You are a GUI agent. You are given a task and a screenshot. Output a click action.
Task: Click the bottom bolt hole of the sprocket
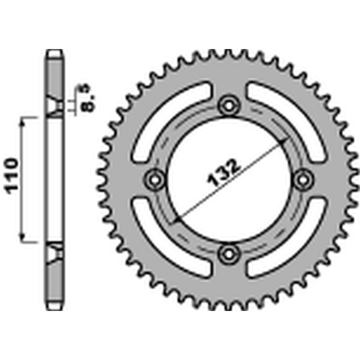[x=229, y=254]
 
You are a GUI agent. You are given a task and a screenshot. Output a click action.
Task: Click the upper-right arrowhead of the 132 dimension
[x=283, y=141]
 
